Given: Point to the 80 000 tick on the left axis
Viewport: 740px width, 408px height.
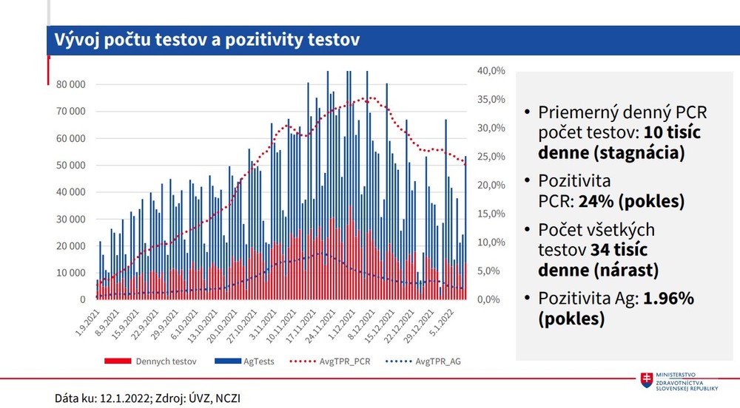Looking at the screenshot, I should click(71, 84).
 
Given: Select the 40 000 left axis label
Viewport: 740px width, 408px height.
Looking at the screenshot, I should click(71, 192).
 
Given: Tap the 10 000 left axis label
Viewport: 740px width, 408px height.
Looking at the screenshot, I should click(71, 273).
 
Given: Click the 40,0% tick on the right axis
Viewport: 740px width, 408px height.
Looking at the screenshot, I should click(491, 71).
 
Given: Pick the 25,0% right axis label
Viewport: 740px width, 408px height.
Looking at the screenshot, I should click(491, 157).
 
